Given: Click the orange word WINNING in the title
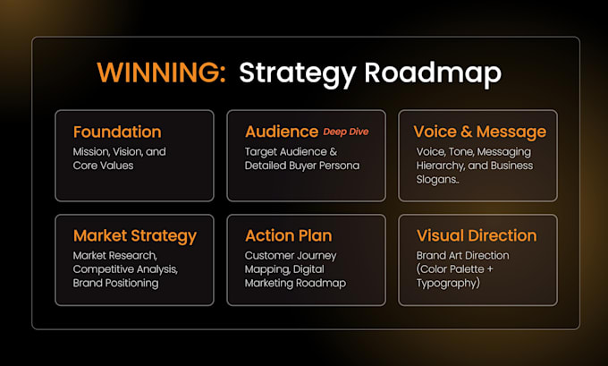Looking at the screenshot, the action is point(161,72).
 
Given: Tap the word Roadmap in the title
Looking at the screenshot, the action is point(433,73).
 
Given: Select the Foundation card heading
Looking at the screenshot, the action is point(117,132).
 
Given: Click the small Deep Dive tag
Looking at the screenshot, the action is point(346,132).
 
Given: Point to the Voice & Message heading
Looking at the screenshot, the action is point(480,132).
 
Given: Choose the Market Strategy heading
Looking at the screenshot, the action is point(135,236).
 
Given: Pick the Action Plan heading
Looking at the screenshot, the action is point(289,235).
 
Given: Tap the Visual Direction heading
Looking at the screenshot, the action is point(477,235).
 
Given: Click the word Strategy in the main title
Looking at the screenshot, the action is point(298,73).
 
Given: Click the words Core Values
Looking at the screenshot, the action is point(103,166).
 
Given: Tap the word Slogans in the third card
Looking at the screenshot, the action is point(436,180).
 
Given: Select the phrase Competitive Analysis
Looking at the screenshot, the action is point(125,269).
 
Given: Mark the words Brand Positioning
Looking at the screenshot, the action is point(115,284).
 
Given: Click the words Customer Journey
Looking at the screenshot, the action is point(291,256).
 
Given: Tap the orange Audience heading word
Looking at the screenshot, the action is point(282,132).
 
